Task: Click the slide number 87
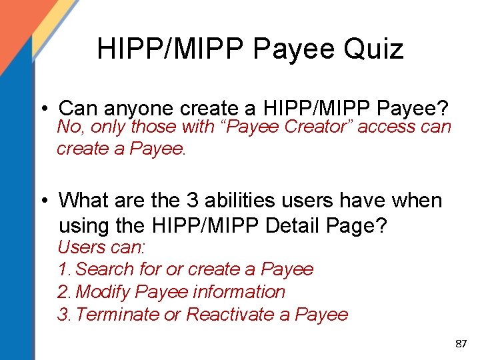[x=460, y=344]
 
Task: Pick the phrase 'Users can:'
[x=101, y=247]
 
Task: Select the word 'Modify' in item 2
[x=103, y=291]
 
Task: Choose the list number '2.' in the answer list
[x=65, y=291]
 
